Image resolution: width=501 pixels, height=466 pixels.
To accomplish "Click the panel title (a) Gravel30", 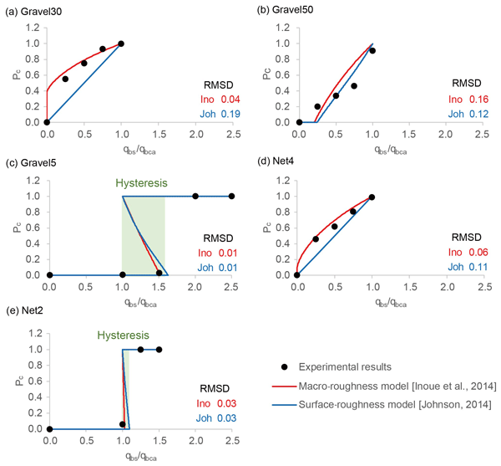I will click(34, 10).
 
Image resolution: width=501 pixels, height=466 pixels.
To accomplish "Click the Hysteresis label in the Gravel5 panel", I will click(144, 182).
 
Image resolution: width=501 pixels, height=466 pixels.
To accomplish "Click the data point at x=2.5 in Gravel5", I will click(231, 197).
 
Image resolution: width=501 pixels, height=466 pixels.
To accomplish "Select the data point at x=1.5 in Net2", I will click(159, 350).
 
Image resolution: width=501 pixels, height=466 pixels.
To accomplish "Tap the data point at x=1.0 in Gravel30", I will click(121, 44).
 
